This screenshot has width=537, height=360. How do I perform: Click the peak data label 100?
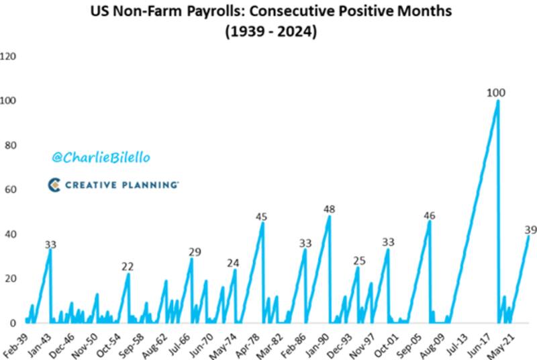pos(496,93)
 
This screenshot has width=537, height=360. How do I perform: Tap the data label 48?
pos(329,209)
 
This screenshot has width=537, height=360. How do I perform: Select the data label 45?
pos(262,217)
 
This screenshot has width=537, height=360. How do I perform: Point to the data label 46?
pos(430,216)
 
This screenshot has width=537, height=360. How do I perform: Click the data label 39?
pos(530,230)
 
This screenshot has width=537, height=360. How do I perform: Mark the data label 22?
pos(128,267)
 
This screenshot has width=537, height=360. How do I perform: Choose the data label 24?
pos(233,263)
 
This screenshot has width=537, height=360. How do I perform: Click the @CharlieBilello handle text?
pos(101,157)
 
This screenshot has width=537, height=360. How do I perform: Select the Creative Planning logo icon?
pos(55,184)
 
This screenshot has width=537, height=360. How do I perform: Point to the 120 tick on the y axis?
pos(8,56)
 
